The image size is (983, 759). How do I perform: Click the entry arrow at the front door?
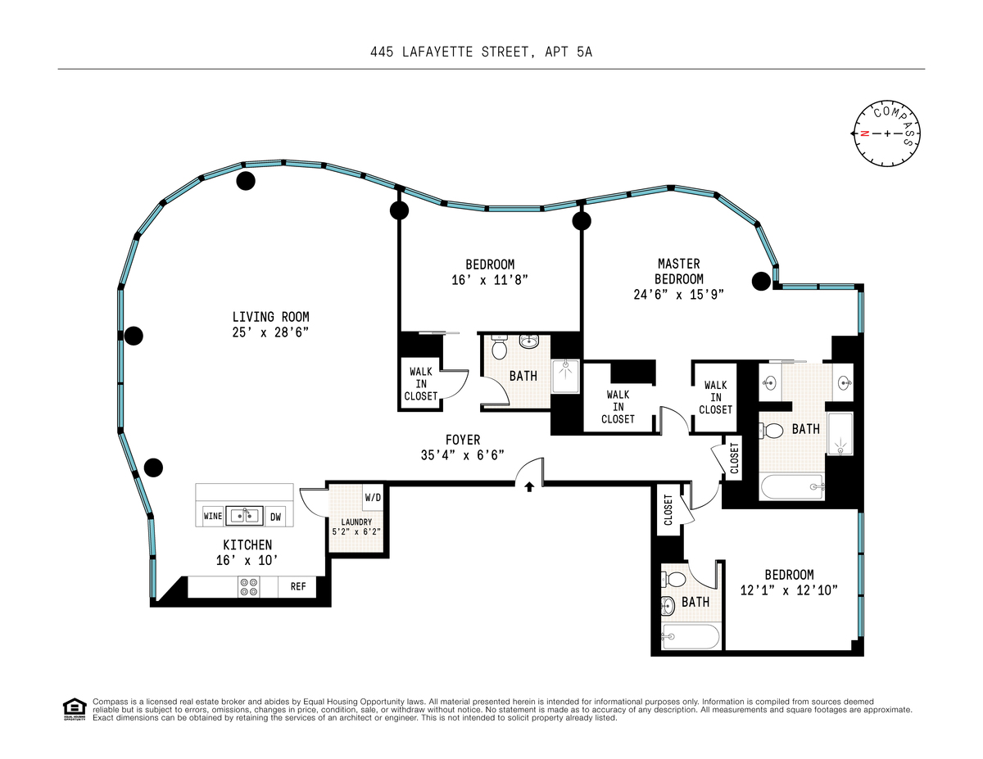point(529,486)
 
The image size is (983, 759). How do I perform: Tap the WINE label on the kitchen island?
point(213,516)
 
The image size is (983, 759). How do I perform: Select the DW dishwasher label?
point(275,517)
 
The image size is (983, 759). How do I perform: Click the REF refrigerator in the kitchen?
point(297,586)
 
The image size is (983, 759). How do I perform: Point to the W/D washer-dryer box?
point(373,497)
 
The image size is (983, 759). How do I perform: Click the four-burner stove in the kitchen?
point(249,587)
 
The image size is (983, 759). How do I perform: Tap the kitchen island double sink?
point(244,515)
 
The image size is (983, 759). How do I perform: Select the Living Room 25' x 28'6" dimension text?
point(270,332)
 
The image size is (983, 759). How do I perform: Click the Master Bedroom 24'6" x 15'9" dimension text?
point(678,294)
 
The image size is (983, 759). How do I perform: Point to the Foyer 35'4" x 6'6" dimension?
point(462,454)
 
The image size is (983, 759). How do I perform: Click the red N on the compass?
point(864,133)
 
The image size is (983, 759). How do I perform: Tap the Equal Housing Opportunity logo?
point(75,709)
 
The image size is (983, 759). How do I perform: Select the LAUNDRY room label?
point(356,522)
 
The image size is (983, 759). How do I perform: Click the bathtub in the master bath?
point(793,487)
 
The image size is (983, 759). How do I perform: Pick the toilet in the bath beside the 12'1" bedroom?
point(673,579)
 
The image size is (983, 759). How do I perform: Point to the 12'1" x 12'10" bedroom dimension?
point(789,590)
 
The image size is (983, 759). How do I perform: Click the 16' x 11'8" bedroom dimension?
point(490,280)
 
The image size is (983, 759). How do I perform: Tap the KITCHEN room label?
point(247,544)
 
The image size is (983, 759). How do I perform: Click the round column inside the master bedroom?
point(761,281)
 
